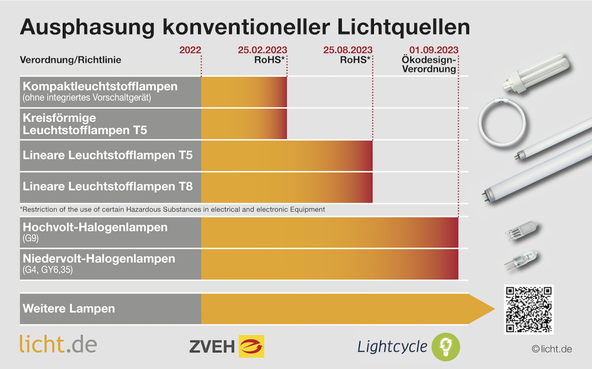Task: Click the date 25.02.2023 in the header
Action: tap(262, 50)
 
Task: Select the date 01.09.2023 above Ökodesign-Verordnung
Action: tap(434, 50)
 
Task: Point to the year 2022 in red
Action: tap(190, 50)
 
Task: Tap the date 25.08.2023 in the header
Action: tap(347, 50)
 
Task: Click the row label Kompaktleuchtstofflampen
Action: tap(100, 87)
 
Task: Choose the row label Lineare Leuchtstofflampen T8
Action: tap(108, 187)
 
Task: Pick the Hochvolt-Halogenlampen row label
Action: tap(95, 227)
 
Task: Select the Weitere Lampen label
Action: tap(69, 309)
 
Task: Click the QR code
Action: tap(529, 310)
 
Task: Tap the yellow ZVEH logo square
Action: tap(251, 346)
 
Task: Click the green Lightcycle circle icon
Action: tap(446, 347)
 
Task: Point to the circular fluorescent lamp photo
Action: tap(501, 123)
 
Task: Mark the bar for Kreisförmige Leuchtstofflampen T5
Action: tap(244, 124)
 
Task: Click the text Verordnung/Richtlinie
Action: tap(70, 60)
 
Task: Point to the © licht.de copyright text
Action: tap(552, 349)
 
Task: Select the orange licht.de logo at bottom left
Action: tap(58, 344)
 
